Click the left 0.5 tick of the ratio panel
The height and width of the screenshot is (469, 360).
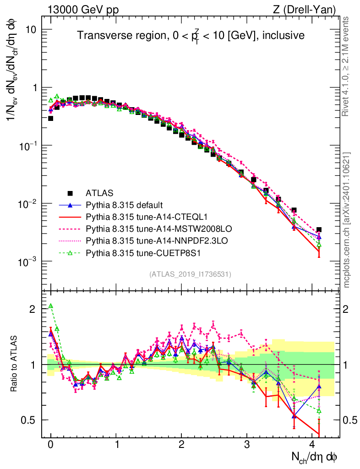pyautogui.click(x=30, y=420)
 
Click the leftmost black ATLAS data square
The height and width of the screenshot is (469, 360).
pyautogui.click(x=50, y=118)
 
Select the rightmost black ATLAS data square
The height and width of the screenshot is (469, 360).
pyautogui.click(x=319, y=229)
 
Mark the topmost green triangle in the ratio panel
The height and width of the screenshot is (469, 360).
pyautogui.click(x=51, y=306)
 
